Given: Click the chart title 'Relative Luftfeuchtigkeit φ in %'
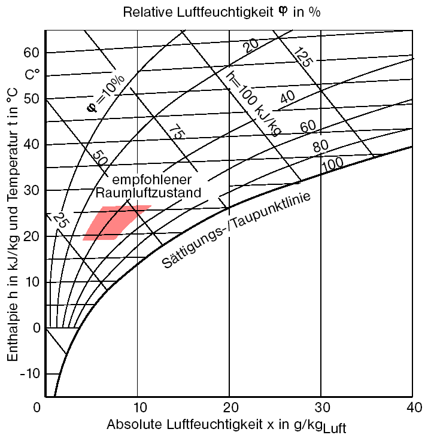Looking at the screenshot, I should (221, 13).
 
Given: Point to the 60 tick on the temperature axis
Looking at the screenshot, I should (31, 53).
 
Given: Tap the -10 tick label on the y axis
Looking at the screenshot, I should (28, 373).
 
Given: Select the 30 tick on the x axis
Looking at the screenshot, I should (321, 407).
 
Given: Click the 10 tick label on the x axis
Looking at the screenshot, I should (138, 407).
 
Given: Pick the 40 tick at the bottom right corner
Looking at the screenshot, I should (412, 407).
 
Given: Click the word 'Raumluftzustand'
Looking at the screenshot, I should (148, 193).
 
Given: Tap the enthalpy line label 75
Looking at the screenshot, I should (174, 132).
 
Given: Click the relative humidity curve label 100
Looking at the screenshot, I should (333, 163).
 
